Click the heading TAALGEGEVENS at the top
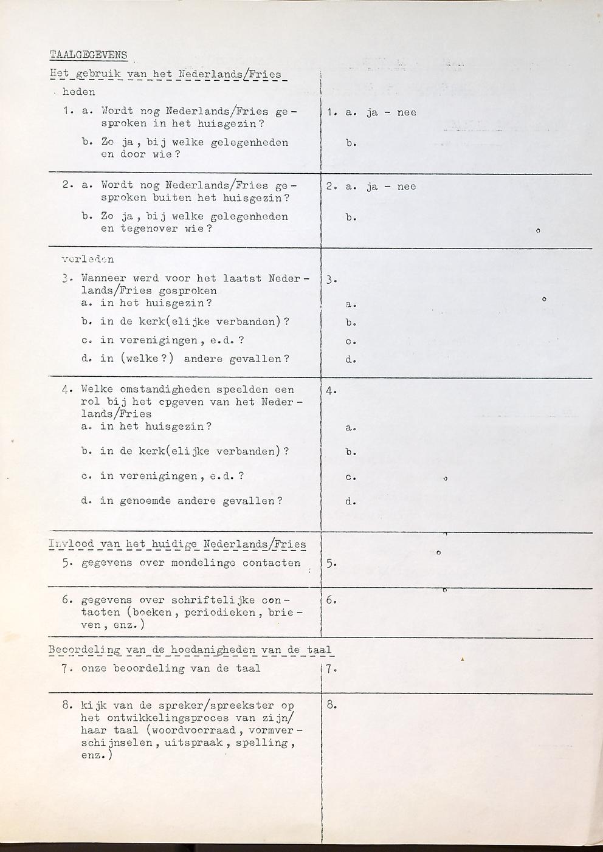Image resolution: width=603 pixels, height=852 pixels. coord(89,55)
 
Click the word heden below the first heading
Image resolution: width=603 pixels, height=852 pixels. coord(79,92)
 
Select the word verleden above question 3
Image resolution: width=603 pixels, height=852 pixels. coord(88,259)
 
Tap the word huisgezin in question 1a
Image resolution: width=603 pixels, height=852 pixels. coord(234,123)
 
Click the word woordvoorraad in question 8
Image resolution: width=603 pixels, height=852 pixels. coord(192,730)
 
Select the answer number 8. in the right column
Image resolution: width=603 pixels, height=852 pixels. coord(331,706)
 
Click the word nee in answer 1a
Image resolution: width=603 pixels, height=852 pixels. coord(407,112)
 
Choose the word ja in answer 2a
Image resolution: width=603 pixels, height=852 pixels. coord(372,187)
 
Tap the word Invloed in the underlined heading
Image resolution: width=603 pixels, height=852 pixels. coord(71,544)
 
